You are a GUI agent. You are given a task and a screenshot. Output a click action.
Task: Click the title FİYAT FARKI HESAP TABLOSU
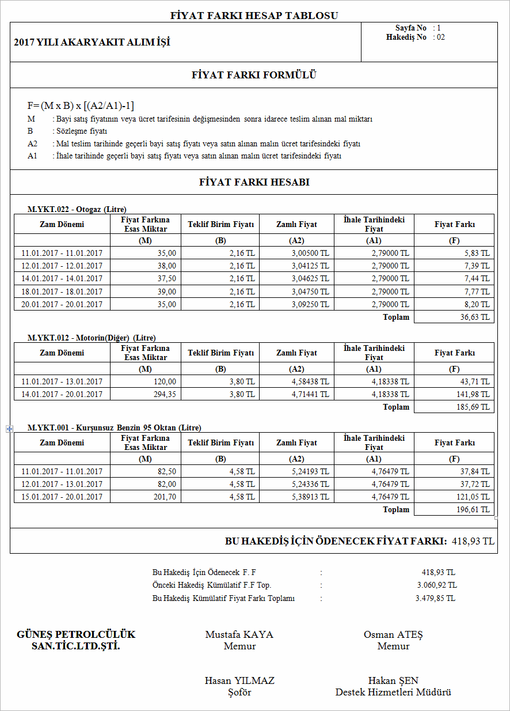tap(254, 16)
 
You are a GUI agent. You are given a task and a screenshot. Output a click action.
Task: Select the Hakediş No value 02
tap(441, 37)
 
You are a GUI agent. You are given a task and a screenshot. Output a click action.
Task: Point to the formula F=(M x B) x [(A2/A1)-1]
tap(81, 105)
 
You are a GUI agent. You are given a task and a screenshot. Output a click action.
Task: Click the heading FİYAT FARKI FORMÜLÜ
tap(254, 75)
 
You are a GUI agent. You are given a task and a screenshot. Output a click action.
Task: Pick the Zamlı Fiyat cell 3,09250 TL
tap(310, 304)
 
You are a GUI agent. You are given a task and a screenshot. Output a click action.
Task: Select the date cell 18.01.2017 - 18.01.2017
tap(62, 292)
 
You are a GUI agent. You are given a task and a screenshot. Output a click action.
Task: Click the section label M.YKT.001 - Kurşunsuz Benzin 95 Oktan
tap(115, 428)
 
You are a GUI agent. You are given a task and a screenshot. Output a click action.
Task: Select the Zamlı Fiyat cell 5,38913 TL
tap(310, 497)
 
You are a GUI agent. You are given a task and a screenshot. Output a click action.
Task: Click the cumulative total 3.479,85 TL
tap(435, 598)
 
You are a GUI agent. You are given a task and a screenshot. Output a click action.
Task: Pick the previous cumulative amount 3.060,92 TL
tap(437, 585)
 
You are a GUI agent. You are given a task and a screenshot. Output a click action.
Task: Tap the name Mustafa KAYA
tap(239, 634)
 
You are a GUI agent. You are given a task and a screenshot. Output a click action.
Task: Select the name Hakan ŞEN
tap(393, 680)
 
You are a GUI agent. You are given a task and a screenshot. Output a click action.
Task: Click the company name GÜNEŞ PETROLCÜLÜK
tap(76, 634)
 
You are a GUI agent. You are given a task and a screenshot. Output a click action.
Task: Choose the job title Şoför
tap(239, 692)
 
